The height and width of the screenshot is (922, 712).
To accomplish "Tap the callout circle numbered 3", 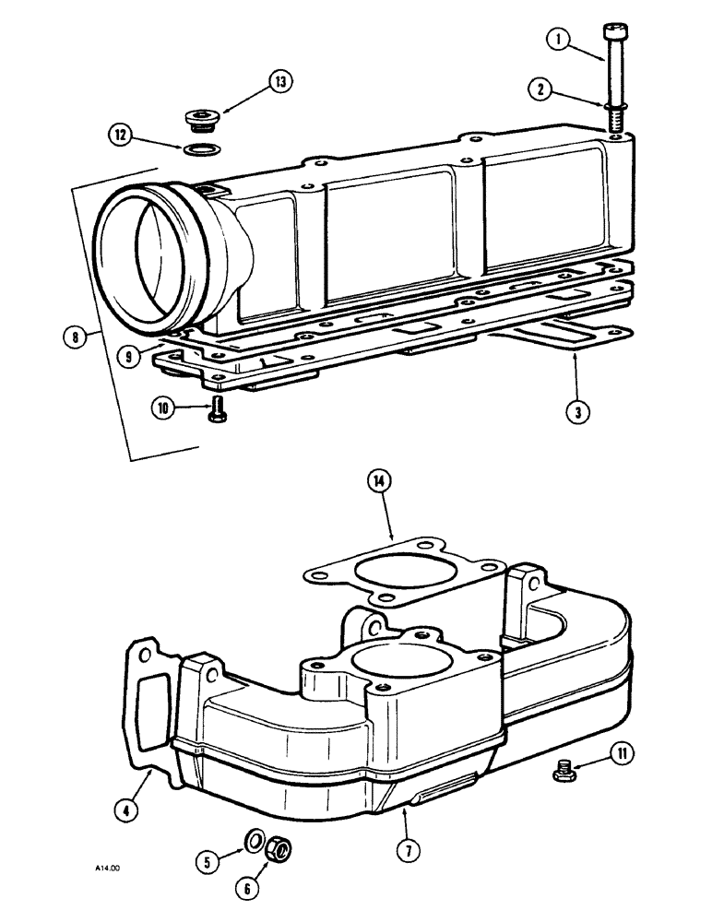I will (575, 412).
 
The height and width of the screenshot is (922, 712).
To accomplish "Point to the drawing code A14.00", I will (106, 868).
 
